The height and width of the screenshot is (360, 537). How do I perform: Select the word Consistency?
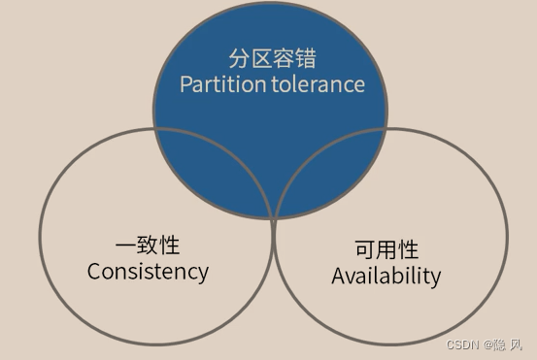(148, 271)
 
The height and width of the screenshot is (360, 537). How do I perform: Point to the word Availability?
(386, 276)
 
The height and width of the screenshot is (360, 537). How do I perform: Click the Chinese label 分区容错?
(272, 57)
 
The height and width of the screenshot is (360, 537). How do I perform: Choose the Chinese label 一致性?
(148, 245)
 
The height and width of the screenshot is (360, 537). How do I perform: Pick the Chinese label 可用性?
(386, 249)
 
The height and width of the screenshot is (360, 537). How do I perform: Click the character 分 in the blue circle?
(240, 57)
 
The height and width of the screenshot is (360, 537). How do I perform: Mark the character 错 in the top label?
(304, 57)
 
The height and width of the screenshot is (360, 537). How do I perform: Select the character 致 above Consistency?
(148, 245)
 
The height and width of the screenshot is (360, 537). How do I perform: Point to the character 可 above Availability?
(365, 249)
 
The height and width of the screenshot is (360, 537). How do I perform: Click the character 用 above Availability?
(386, 249)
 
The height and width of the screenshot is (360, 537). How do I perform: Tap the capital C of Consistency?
(94, 271)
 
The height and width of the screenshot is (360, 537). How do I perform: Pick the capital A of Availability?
(339, 276)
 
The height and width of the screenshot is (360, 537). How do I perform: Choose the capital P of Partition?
(186, 84)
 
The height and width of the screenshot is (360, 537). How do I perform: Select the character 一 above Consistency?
(126, 245)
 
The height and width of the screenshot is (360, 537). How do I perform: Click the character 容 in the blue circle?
(283, 57)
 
